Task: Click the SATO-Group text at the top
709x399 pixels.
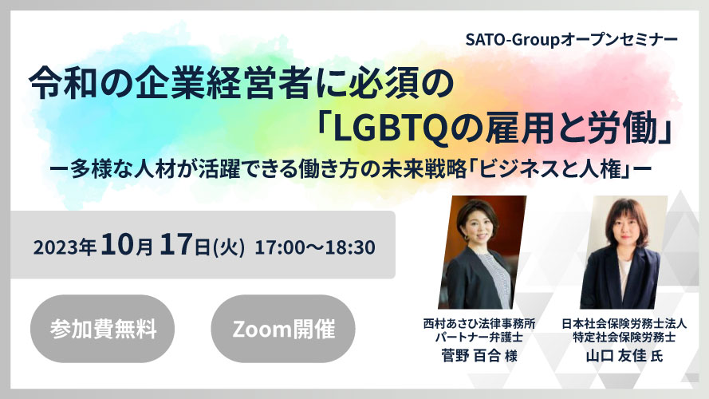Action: point(513,40)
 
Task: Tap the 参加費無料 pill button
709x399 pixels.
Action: point(103,329)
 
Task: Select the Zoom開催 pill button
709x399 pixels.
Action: point(283,329)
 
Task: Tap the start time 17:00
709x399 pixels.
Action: point(278,248)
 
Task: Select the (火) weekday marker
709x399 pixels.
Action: point(229,248)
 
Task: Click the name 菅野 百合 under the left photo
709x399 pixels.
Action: point(471,356)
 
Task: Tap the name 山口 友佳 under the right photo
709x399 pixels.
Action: point(616,356)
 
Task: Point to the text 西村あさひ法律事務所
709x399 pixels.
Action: point(479,324)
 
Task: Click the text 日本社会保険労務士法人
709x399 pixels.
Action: point(624,324)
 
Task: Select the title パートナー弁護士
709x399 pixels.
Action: point(479,337)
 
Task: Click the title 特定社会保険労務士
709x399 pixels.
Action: point(624,337)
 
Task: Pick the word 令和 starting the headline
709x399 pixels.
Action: point(63,85)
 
